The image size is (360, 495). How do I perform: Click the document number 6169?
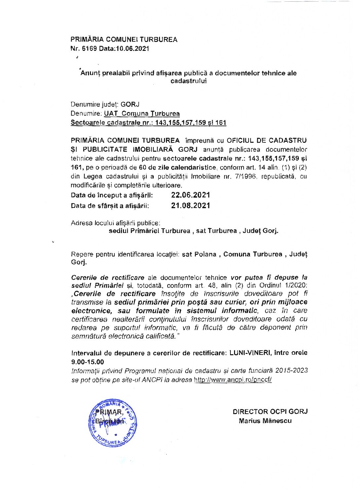88,49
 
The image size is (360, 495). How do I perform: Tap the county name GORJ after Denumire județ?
130,104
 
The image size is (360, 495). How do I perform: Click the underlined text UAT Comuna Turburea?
142,114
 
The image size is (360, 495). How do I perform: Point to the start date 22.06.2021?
190,195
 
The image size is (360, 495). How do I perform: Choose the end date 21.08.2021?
190,206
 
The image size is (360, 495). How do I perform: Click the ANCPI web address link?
233,380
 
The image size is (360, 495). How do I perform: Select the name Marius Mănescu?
265,421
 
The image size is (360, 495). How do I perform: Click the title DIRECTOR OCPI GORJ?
270,412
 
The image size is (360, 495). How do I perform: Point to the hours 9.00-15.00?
87,362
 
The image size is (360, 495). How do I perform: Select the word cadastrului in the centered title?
188,81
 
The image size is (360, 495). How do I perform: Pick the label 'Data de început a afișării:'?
112,195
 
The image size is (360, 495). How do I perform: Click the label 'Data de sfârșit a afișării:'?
110,206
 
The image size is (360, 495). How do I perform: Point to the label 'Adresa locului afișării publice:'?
116,223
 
